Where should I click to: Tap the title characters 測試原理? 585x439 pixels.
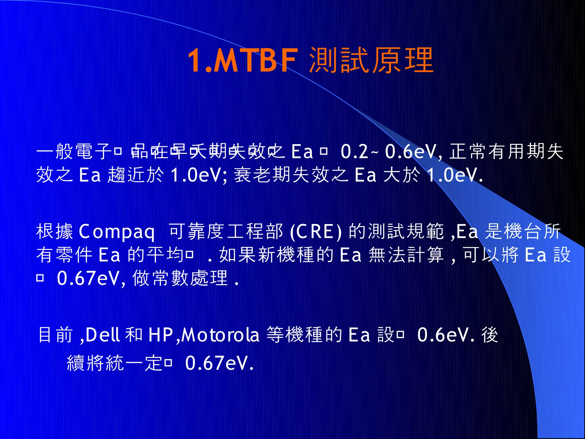[371, 61]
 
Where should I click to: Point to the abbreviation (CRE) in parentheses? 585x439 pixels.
[315, 232]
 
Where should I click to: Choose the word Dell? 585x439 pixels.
[102, 335]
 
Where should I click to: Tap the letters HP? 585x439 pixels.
[161, 335]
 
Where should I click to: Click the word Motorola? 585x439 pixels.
[221, 335]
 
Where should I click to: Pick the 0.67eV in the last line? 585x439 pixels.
[219, 363]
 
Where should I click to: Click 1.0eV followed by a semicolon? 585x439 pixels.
[199, 175]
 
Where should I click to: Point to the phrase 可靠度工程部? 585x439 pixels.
[226, 232]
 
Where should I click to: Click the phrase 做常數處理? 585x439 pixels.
[180, 278]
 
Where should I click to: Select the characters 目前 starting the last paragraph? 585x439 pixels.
[55, 335]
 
